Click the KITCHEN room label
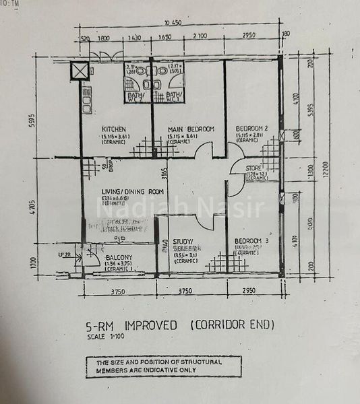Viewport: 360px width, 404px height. pos(113,129)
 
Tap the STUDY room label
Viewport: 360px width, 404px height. pos(183,240)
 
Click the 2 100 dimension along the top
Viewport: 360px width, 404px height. pos(199,38)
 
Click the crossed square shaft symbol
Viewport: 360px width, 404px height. pos(80,71)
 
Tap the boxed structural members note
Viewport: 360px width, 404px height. pos(162,366)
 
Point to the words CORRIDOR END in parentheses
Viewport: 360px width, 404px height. pos(233,326)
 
